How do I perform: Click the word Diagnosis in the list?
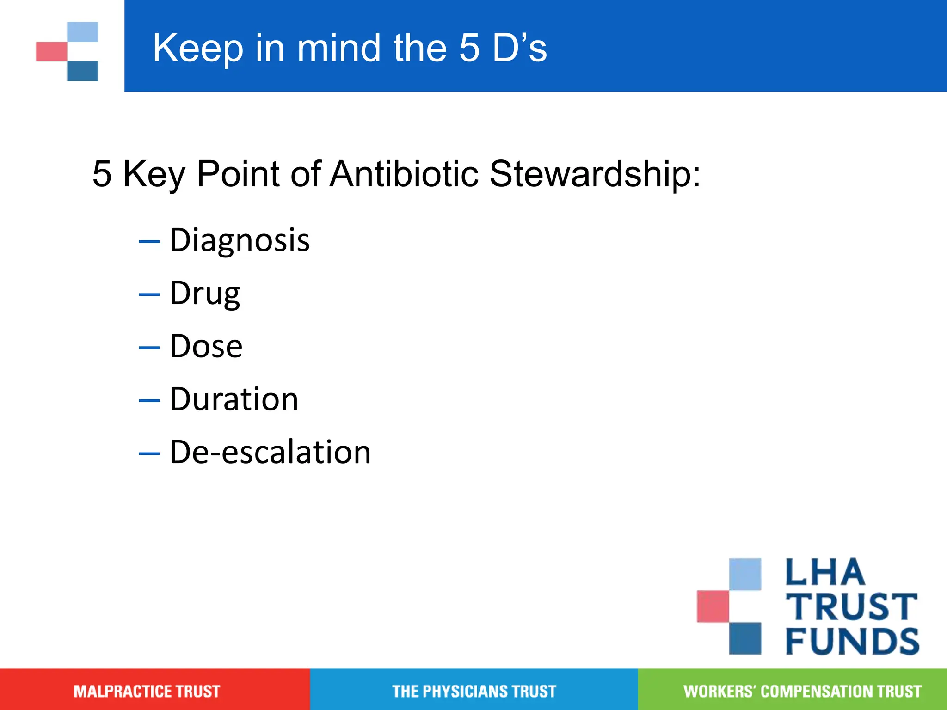coord(240,240)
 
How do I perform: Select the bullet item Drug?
coord(205,294)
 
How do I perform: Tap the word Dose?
coord(206,346)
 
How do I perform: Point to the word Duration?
coord(234,399)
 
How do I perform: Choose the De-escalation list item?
coord(270,452)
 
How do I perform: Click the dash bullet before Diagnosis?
coord(149,241)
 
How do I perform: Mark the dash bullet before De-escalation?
coord(149,453)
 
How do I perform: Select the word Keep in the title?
coord(198,48)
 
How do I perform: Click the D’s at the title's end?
coord(519,48)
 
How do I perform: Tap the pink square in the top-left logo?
coord(51,51)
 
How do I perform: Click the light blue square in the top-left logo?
coord(83,32)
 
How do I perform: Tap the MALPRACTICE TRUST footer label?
coord(147,691)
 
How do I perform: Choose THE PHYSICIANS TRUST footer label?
coord(474,691)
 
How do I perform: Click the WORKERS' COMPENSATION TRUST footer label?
coord(802,691)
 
